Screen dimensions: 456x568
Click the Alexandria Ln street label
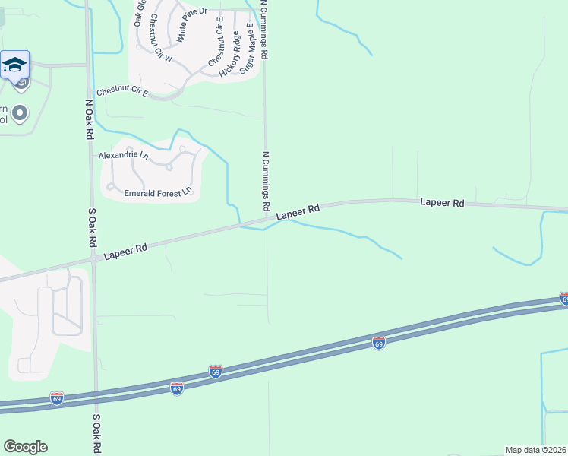pos(123,155)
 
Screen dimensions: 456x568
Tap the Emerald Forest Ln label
pos(153,193)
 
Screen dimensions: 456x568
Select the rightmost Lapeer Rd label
pos(442,203)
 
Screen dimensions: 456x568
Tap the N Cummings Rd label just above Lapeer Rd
pos(266,181)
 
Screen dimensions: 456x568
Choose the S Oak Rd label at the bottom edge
pos(96,433)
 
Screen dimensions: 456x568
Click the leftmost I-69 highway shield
pos(57,398)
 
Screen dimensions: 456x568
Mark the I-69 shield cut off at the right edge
pos(564,299)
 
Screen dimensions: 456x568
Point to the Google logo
pos(25,447)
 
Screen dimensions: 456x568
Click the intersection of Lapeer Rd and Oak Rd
pos(93,259)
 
